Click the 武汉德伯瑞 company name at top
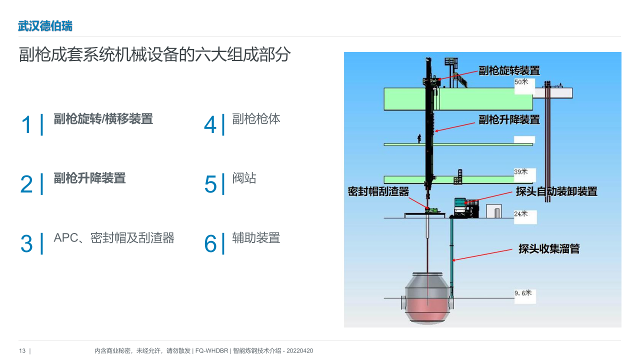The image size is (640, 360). tap(45, 26)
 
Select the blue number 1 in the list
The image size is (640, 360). tap(26, 124)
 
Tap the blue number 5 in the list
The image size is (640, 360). tap(210, 184)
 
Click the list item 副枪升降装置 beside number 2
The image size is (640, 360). tap(89, 178)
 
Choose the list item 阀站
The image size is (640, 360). tap(244, 178)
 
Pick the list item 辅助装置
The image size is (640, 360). tap(256, 237)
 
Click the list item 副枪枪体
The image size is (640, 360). tap(256, 119)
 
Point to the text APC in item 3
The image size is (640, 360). tap(66, 237)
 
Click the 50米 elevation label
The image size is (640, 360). tap(521, 82)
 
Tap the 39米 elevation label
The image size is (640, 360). tap(521, 171)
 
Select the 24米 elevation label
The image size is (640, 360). tap(521, 213)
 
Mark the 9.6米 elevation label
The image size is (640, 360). tap(523, 293)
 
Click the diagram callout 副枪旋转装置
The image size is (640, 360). tap(509, 70)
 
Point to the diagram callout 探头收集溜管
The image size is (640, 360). tap(549, 248)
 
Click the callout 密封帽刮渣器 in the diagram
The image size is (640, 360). tap(378, 191)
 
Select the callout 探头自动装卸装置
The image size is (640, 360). tap(556, 191)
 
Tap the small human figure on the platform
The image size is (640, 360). tap(419, 138)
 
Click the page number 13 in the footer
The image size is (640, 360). tap(22, 351)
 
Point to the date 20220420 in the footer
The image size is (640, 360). tap(299, 351)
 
